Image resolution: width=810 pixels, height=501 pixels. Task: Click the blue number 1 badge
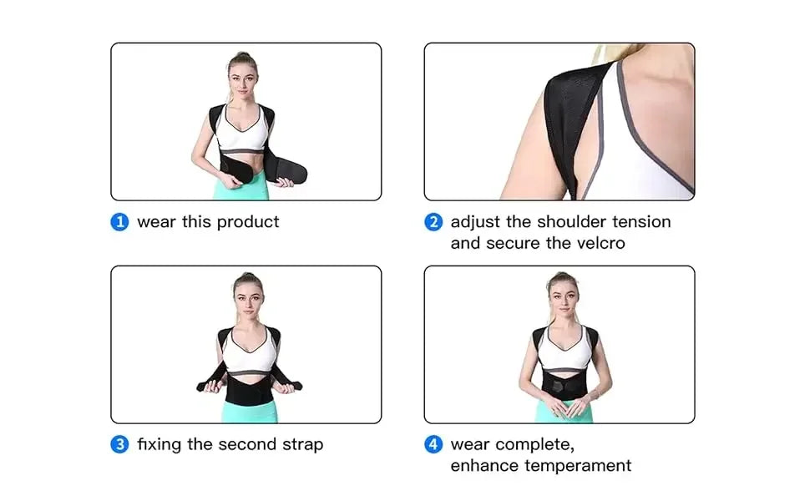tap(120, 222)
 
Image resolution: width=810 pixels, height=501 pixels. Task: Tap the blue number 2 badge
tap(433, 222)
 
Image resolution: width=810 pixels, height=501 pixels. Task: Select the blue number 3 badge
tap(120, 444)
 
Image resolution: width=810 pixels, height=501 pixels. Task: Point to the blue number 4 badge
tap(433, 444)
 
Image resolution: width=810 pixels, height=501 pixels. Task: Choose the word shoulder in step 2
tap(576, 222)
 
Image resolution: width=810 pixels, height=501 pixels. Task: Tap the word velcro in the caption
tap(599, 243)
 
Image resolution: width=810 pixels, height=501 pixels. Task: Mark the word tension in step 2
tap(645, 222)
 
